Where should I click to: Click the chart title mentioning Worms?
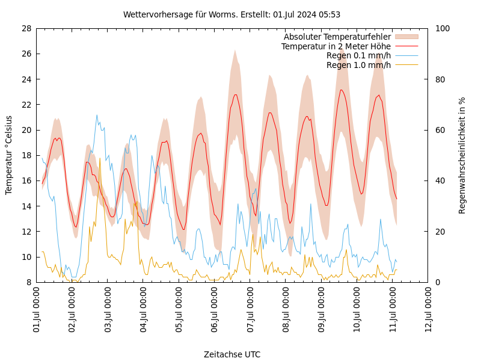[231, 14]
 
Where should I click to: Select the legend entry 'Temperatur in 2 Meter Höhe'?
[335, 46]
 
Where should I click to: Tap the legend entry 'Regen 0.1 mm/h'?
[358, 55]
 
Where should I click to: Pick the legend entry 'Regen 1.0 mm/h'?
[358, 65]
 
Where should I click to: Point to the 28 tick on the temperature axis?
[26, 28]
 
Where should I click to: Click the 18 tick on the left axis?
[26, 155]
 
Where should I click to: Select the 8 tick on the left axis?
[29, 282]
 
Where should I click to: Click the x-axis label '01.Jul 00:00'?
[37, 310]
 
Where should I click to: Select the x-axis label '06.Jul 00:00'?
[215, 310]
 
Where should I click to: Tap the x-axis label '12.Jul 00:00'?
[428, 310]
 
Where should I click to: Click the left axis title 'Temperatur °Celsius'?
[9, 155]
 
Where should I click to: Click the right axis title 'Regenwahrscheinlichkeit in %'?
[462, 155]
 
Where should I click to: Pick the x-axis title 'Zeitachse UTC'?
[232, 354]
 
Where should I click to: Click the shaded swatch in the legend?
[406, 37]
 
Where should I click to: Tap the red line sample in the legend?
[406, 46]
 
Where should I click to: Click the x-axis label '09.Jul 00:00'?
[322, 310]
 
